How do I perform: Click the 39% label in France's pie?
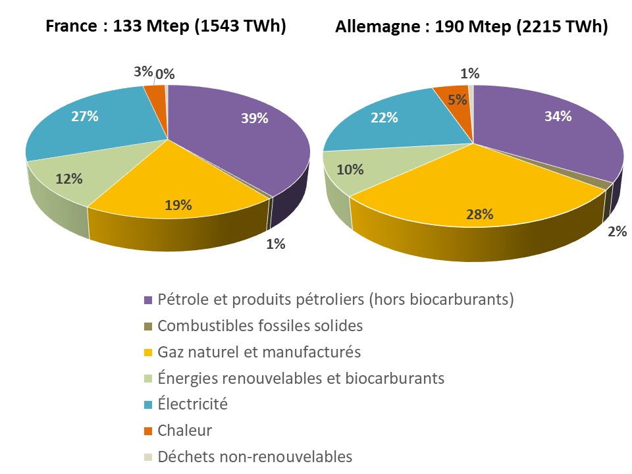pos(254,118)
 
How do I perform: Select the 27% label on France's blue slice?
pos(84,117)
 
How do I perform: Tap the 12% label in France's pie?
pos(68,178)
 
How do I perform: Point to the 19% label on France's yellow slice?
pos(178,205)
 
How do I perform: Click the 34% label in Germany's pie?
pos(558,117)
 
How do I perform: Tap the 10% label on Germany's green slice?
pos(350,169)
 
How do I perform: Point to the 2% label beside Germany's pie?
pos(617,231)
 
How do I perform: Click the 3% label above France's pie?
pos(142,72)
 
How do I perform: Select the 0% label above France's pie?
pos(165,74)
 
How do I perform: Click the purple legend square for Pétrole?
pos(148,300)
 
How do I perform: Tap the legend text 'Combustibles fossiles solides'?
pos(260,325)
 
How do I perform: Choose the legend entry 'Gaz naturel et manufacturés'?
pos(259,352)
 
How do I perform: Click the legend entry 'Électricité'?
pos(192,404)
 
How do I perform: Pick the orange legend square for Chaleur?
pos(148,431)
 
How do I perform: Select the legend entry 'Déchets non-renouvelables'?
pos(255,456)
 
